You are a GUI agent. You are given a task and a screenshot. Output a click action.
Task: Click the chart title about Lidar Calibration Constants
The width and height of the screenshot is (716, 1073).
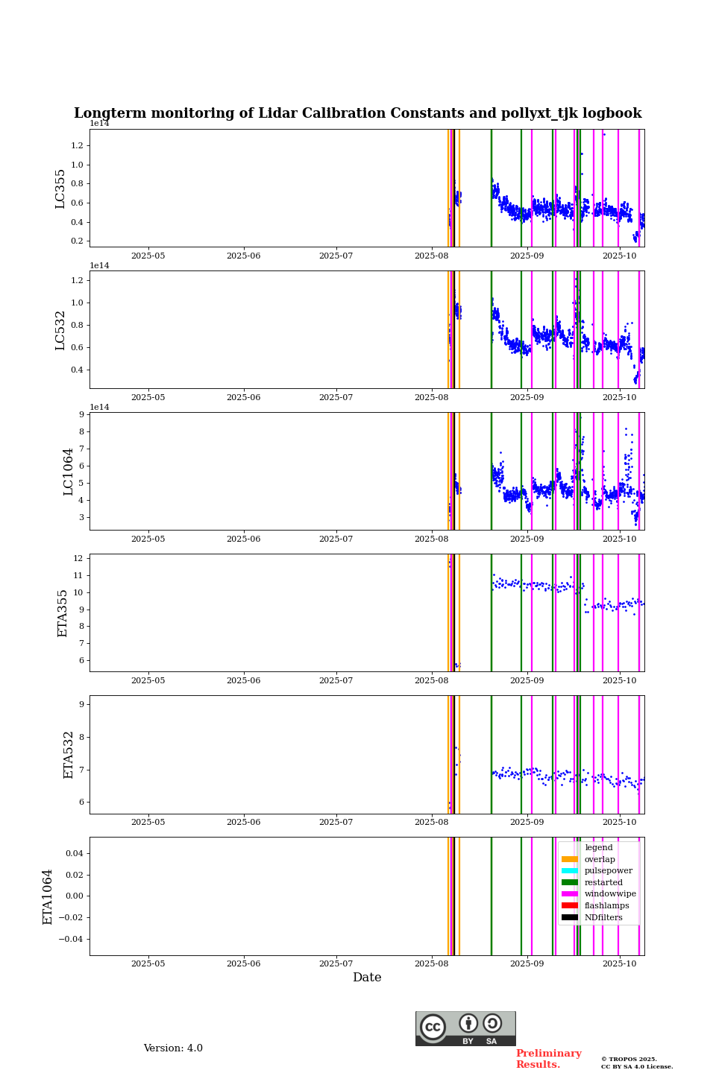[x=357, y=113]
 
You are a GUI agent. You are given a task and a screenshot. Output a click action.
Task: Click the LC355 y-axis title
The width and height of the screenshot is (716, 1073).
[x=60, y=189]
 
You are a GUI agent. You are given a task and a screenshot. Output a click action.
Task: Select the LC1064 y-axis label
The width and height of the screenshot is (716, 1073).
[x=68, y=472]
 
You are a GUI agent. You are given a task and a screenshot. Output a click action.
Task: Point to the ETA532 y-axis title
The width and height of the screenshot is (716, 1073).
[x=68, y=755]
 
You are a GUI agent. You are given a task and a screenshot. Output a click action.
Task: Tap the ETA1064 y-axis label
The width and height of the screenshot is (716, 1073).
[x=48, y=896]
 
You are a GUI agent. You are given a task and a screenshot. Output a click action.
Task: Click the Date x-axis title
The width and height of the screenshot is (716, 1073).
[x=367, y=978]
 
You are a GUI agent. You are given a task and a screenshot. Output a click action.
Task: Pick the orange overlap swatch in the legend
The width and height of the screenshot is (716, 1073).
[x=570, y=859]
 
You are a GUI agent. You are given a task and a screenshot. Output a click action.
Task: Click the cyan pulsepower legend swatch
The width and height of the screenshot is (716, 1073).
[x=570, y=870]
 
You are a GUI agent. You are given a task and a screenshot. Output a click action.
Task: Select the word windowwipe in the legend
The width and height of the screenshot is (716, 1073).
[x=610, y=894]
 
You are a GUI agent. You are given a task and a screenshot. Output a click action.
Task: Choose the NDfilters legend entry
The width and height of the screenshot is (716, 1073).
[x=603, y=917]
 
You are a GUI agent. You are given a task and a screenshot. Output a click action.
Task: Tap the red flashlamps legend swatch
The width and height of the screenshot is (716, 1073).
[x=570, y=905]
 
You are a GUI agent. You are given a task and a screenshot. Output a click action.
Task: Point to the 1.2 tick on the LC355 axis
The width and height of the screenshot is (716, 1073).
[x=77, y=146]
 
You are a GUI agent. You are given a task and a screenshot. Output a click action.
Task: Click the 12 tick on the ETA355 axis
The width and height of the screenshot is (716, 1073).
[x=77, y=559]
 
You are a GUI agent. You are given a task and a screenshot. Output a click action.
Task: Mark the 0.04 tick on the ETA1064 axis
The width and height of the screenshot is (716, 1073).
[x=72, y=853]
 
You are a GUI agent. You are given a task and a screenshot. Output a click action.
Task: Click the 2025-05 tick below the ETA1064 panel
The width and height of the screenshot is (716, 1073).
[x=148, y=963]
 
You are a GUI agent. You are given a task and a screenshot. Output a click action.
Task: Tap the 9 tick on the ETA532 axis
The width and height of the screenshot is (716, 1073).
[x=80, y=704]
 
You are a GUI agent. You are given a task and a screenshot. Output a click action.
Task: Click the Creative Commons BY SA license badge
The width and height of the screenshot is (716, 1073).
[x=465, y=1028]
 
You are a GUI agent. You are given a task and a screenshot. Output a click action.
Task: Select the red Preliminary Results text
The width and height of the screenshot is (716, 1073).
[x=548, y=1059]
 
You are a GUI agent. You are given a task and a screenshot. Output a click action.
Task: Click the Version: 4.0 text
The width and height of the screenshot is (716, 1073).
[x=173, y=1048]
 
